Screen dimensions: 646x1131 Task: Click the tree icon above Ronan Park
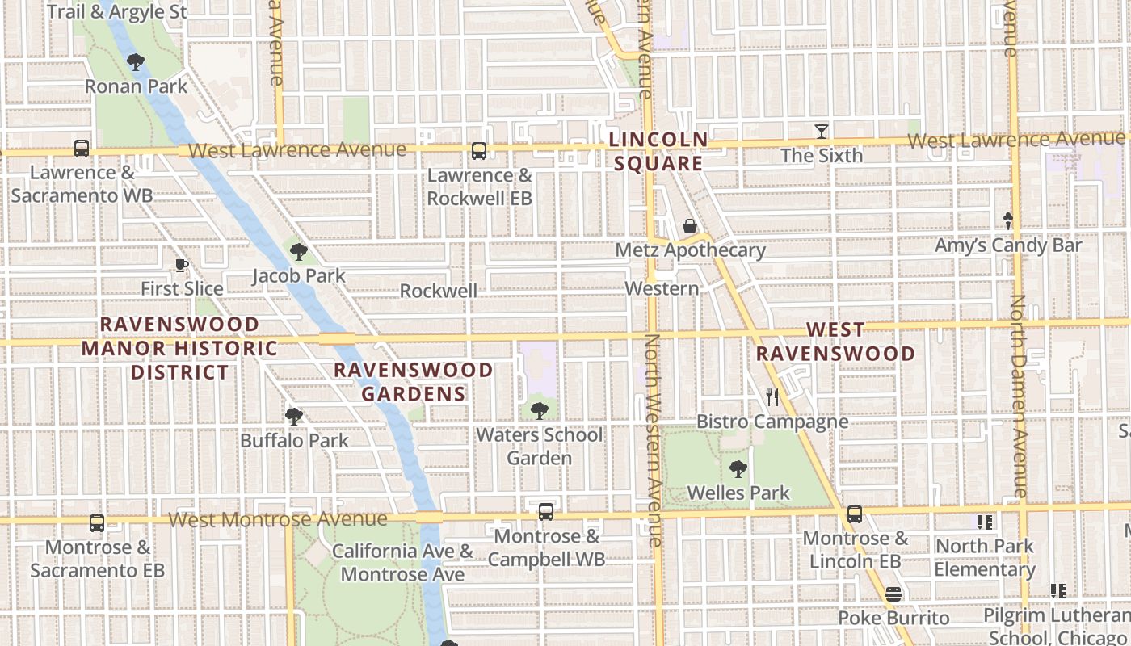(x=136, y=61)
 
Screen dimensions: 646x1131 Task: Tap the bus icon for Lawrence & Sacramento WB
(x=82, y=149)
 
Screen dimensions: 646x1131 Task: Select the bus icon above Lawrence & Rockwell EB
(x=479, y=151)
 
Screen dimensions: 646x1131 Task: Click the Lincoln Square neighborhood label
(x=658, y=152)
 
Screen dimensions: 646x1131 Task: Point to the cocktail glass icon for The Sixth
(x=822, y=131)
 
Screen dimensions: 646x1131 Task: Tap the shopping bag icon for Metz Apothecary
(x=690, y=226)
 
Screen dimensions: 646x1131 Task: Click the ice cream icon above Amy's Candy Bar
(x=1007, y=220)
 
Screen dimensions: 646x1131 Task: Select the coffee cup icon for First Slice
(x=182, y=265)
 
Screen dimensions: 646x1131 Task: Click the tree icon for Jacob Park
(x=299, y=252)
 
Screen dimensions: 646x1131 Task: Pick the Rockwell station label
(x=438, y=291)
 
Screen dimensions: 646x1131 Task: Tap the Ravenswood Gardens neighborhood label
(x=414, y=382)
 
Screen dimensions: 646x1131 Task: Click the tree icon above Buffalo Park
(x=294, y=417)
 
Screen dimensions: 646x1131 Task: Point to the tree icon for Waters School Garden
(x=540, y=411)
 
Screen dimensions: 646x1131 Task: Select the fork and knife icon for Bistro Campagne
(x=772, y=396)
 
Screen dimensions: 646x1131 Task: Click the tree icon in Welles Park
(x=738, y=468)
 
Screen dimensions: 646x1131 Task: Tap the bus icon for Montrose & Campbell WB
(x=546, y=512)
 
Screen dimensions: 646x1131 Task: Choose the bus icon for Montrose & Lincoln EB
(x=855, y=514)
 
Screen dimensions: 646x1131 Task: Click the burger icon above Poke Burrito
(x=893, y=594)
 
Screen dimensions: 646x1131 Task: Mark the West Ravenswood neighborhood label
(x=835, y=342)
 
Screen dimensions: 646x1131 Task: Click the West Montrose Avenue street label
(x=278, y=519)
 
